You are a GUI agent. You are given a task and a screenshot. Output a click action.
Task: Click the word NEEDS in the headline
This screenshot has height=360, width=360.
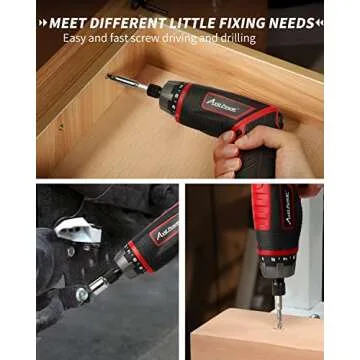(292, 21)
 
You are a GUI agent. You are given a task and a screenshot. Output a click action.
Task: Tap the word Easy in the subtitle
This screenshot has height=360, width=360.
(75, 38)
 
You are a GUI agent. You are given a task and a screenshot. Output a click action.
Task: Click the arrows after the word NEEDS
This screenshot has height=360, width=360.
(320, 21)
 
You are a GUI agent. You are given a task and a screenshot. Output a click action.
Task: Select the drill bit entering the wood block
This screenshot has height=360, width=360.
(277, 305)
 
